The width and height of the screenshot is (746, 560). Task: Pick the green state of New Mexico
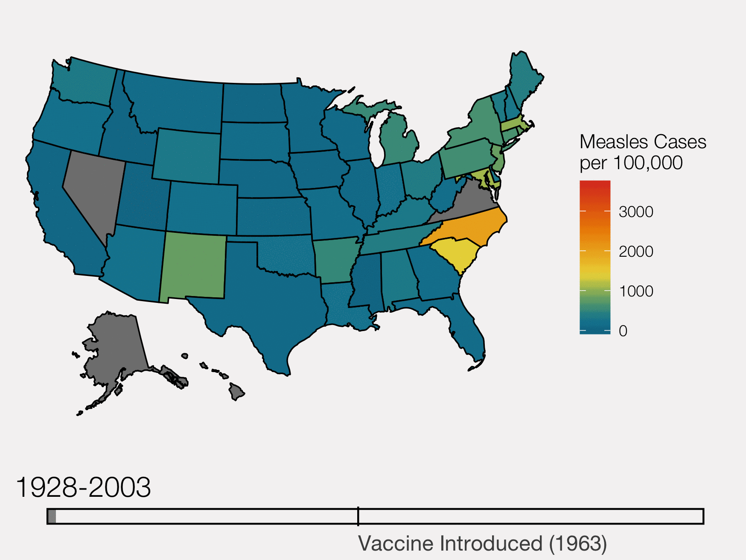193,267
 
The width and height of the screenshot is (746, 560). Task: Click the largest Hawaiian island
236,391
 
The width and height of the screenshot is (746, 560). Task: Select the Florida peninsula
469,333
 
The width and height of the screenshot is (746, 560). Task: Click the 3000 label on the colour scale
636,212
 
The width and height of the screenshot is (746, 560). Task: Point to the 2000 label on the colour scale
636,252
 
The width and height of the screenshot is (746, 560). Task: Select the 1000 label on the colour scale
636,291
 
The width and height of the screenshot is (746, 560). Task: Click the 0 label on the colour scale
623,331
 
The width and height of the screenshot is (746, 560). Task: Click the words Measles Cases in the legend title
643,142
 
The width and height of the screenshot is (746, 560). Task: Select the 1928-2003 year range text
83,487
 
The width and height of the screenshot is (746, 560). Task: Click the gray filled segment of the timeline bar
52,516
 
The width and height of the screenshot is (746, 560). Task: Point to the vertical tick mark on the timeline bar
358,516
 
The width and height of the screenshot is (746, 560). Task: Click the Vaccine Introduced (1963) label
482,544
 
